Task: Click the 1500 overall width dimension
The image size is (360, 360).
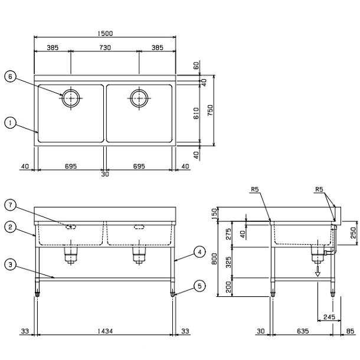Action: (x=105, y=34)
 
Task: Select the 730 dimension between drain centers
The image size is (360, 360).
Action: (x=105, y=48)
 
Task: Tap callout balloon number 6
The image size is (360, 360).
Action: (x=10, y=77)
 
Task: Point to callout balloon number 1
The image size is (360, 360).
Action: (x=10, y=123)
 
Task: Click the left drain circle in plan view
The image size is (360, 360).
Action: (x=71, y=98)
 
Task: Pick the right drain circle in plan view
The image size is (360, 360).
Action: (x=139, y=98)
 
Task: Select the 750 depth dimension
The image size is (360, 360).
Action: (x=210, y=110)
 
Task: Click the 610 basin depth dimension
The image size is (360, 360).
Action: (x=197, y=113)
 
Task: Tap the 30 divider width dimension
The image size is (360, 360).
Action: (x=105, y=174)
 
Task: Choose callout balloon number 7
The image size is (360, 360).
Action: (x=10, y=205)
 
